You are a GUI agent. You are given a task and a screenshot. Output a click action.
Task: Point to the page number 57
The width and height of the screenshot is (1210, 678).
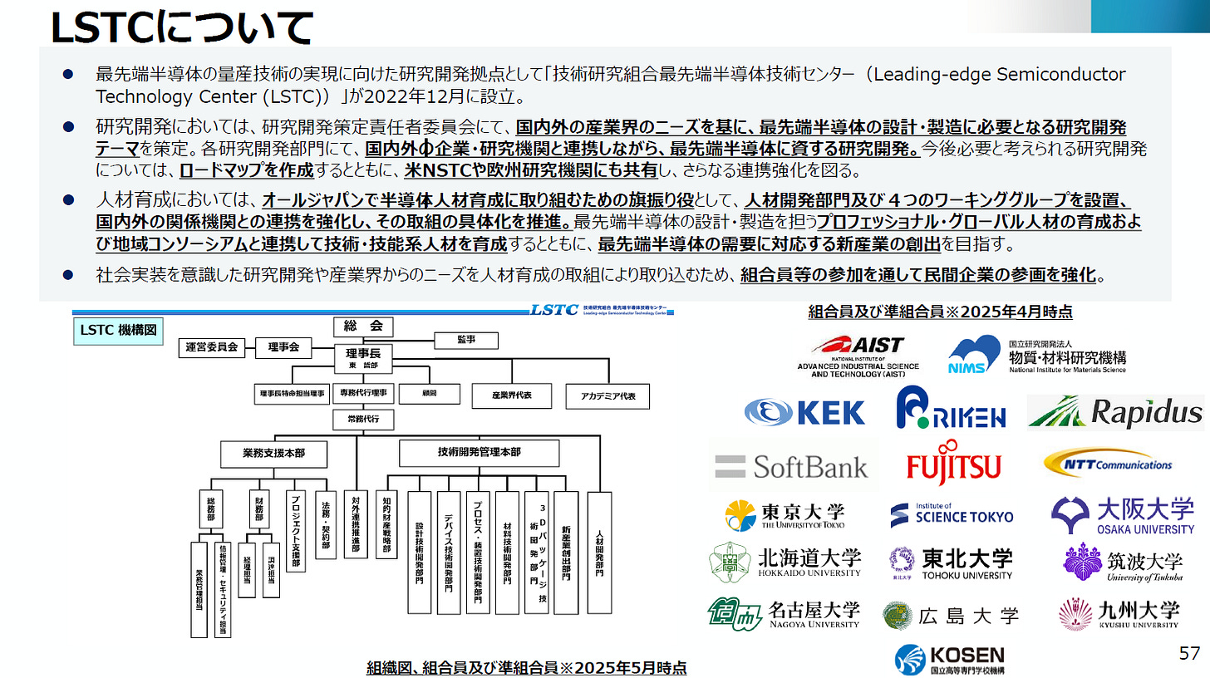click(1189, 654)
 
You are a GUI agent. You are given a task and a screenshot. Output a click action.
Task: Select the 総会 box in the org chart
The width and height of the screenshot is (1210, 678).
click(362, 327)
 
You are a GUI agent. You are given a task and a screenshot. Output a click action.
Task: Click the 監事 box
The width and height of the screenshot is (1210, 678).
click(466, 340)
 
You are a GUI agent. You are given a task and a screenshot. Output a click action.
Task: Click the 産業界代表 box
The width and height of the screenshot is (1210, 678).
click(511, 396)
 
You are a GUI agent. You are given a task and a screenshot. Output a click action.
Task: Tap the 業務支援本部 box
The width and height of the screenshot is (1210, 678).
click(273, 454)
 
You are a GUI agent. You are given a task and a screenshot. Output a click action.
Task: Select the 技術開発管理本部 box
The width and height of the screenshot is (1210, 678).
click(479, 453)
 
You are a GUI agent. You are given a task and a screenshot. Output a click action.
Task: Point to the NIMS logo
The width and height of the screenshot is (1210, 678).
click(1037, 356)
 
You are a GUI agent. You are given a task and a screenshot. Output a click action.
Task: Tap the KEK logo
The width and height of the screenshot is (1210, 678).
click(804, 412)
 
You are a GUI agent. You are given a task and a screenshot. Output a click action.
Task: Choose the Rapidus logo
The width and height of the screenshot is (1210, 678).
click(1115, 412)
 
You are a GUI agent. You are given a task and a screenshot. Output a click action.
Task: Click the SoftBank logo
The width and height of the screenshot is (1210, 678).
click(790, 466)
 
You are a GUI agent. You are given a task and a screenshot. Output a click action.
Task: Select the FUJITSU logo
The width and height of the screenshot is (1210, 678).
click(953, 466)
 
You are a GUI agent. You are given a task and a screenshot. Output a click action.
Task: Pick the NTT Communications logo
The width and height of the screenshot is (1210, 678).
click(1109, 464)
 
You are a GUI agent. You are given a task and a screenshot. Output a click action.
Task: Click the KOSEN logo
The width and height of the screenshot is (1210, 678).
click(950, 658)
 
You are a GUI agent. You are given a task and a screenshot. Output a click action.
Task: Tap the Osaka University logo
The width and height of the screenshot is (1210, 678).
click(1123, 515)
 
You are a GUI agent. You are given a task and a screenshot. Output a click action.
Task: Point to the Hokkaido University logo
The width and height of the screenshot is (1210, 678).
click(785, 562)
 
